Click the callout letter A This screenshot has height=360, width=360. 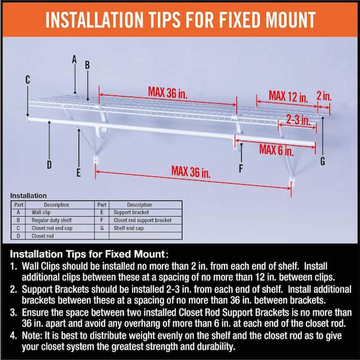click(74, 59)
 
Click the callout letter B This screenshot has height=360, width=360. click(87, 65)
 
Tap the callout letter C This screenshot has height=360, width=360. click(28, 79)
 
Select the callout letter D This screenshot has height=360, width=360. click(49, 164)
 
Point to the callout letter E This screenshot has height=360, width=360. click(79, 173)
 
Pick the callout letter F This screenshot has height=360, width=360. click(241, 168)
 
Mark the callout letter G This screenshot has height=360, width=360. click(323, 161)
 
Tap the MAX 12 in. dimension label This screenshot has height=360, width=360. click(288, 95)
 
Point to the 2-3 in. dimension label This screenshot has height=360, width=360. click(298, 119)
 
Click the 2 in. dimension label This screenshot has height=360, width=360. click(323, 95)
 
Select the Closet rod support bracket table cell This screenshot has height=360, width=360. click(138, 220)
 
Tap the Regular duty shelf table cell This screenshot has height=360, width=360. click(45, 220)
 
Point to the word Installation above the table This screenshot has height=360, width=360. click(28, 196)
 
